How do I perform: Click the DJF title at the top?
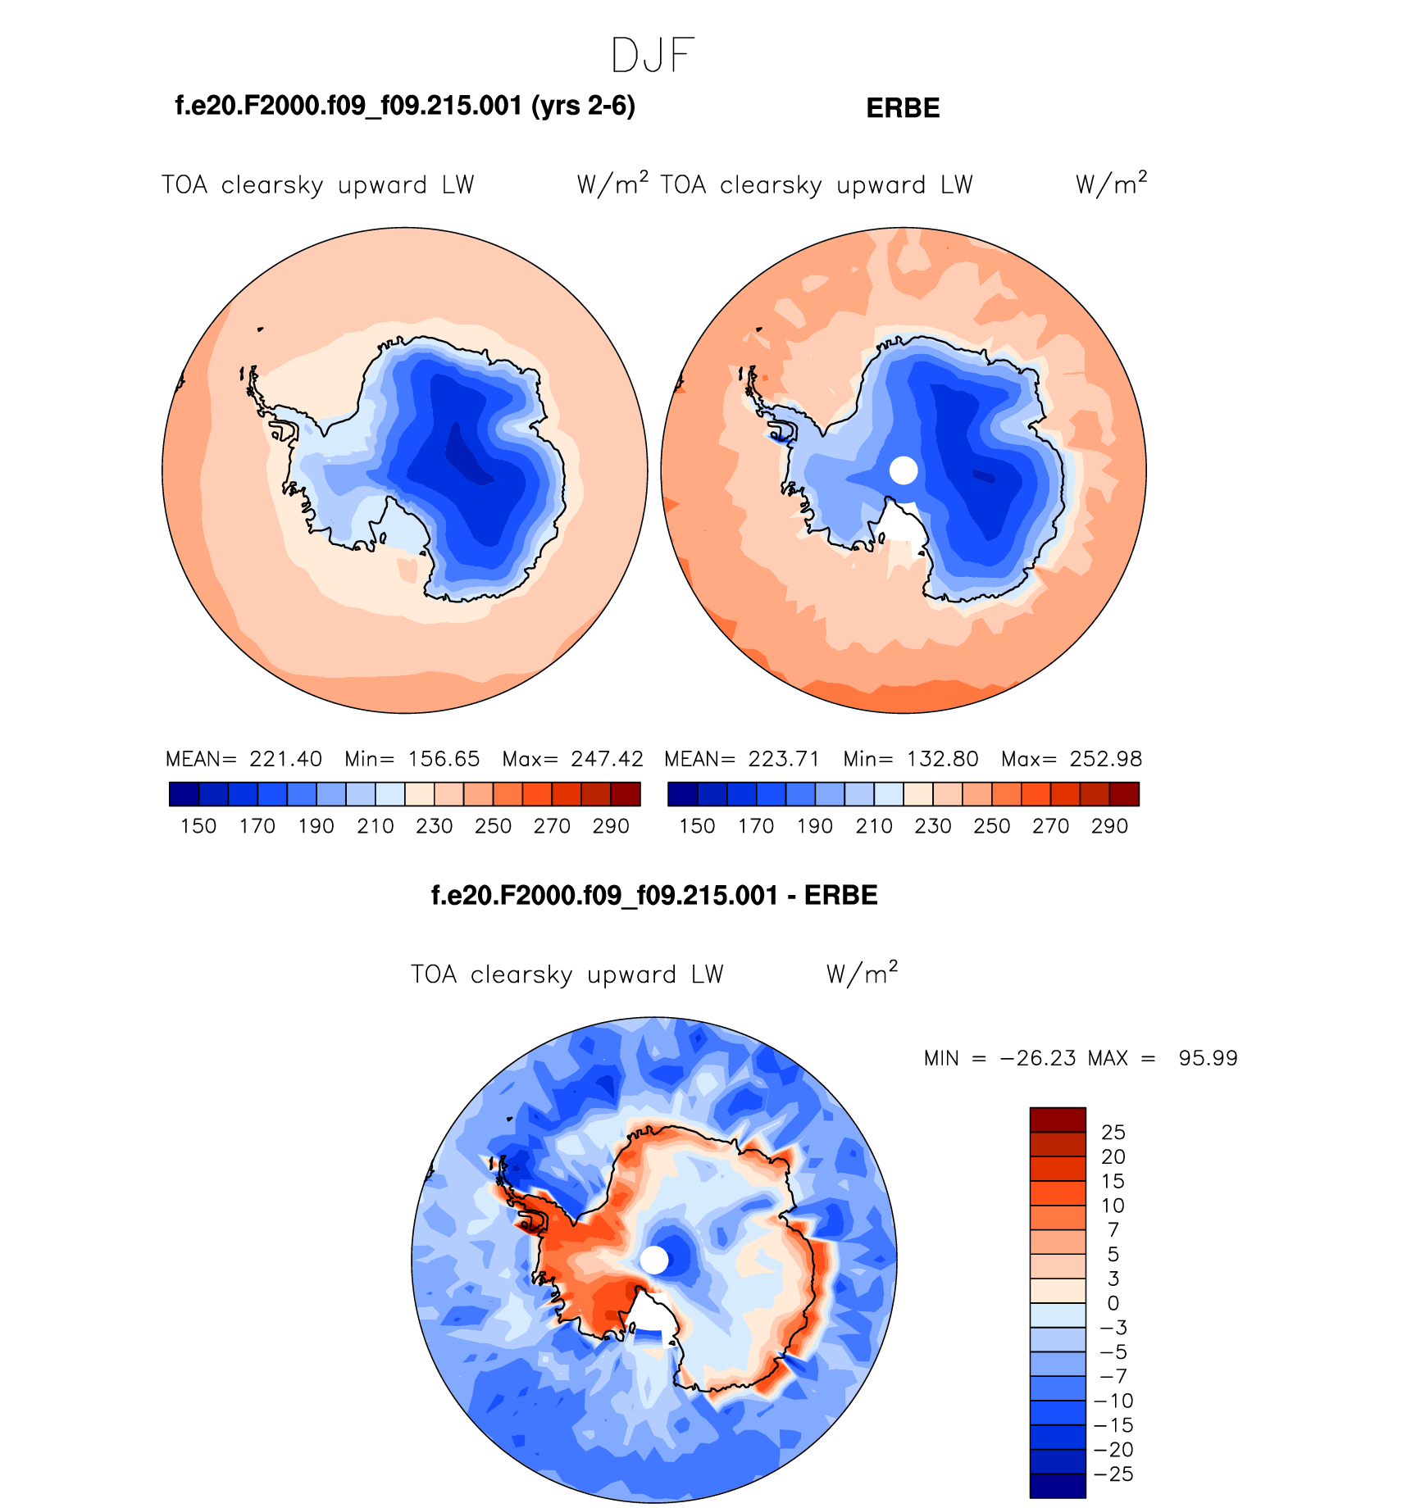(x=653, y=56)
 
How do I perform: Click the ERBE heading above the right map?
(x=903, y=108)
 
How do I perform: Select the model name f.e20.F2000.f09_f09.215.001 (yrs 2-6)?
(x=405, y=106)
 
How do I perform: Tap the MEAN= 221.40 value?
(x=244, y=759)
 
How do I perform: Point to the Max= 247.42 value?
(x=572, y=759)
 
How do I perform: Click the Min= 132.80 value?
(x=911, y=759)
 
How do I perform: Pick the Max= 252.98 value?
(x=1072, y=759)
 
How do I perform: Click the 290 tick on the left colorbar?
(x=611, y=826)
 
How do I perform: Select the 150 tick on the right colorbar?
(x=697, y=826)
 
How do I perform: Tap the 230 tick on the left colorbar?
(x=434, y=826)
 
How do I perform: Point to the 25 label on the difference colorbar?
(x=1113, y=1133)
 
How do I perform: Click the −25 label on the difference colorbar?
(x=1113, y=1474)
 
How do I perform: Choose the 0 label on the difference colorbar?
(x=1113, y=1303)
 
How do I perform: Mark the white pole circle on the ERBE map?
(x=904, y=470)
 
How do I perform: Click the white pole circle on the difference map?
(x=654, y=1260)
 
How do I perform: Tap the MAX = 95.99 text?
(x=1163, y=1058)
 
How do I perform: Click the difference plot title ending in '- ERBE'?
(x=654, y=895)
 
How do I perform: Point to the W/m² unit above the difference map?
(x=862, y=974)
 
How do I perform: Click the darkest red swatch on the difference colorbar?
(x=1058, y=1120)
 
